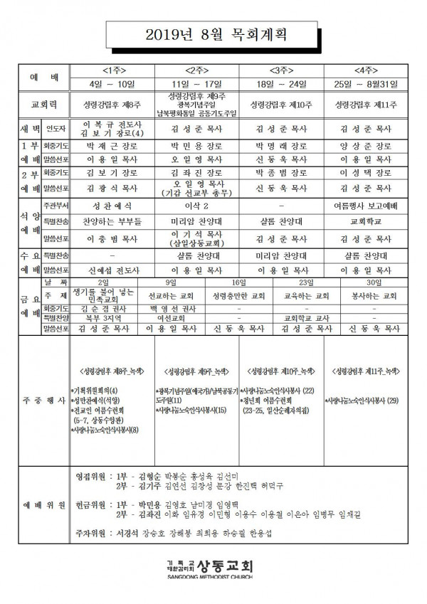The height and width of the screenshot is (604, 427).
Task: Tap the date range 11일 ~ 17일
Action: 198,84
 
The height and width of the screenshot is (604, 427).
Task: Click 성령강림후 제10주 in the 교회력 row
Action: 281,105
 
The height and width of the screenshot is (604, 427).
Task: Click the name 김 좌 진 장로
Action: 198,172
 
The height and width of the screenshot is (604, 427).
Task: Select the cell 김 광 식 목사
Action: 116,188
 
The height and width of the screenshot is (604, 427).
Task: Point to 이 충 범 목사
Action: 116,238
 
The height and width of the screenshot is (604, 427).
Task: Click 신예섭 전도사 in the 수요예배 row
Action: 116,270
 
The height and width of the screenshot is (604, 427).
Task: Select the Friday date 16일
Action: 238,283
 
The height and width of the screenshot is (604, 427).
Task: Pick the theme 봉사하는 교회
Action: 370,295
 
